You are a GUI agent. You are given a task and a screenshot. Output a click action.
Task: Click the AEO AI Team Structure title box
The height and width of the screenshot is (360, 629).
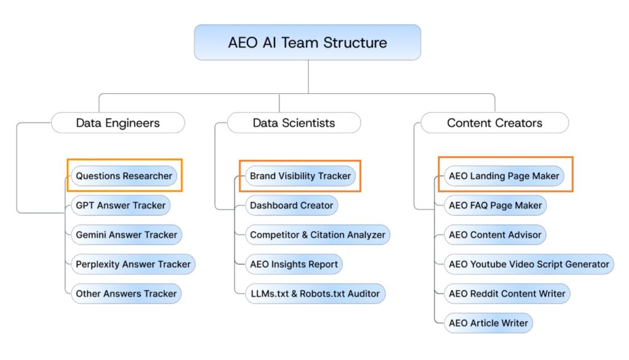click(307, 42)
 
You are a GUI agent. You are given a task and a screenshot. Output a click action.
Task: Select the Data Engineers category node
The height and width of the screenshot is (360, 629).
click(118, 123)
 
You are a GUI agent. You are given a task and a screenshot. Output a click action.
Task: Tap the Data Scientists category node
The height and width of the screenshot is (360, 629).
click(294, 123)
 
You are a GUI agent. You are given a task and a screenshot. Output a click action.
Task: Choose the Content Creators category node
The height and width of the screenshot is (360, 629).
click(494, 123)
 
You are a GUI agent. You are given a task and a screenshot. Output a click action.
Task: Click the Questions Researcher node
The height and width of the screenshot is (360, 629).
click(124, 176)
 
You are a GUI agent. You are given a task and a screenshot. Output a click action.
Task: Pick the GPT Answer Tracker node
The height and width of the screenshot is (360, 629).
click(120, 205)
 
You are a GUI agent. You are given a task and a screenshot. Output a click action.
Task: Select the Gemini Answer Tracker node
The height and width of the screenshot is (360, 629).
click(126, 235)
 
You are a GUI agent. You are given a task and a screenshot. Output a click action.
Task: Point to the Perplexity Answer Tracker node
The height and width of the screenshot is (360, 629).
click(133, 264)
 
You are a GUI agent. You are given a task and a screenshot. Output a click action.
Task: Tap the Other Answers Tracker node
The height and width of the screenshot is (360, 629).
click(126, 294)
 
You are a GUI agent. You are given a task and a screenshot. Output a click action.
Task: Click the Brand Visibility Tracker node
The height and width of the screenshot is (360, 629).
click(300, 176)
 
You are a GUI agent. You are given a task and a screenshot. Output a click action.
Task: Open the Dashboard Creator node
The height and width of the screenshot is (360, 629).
click(291, 205)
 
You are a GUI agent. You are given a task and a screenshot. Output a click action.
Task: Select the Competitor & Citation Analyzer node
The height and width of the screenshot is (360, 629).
click(317, 235)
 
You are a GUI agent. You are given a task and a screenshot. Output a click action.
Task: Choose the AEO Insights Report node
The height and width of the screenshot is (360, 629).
click(294, 264)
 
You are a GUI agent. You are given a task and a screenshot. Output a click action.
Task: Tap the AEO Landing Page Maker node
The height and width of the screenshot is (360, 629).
click(504, 176)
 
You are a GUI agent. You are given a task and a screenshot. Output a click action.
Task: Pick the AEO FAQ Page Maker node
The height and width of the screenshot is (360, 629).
click(495, 205)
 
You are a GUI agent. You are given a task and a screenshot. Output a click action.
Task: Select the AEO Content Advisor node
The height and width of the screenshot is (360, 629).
click(494, 235)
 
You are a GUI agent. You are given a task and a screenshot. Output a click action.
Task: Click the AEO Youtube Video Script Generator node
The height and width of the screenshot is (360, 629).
click(529, 264)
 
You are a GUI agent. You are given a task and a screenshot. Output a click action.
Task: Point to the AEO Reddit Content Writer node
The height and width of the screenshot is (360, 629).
click(507, 294)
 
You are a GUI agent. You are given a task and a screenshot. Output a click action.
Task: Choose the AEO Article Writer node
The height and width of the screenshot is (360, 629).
click(488, 323)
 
